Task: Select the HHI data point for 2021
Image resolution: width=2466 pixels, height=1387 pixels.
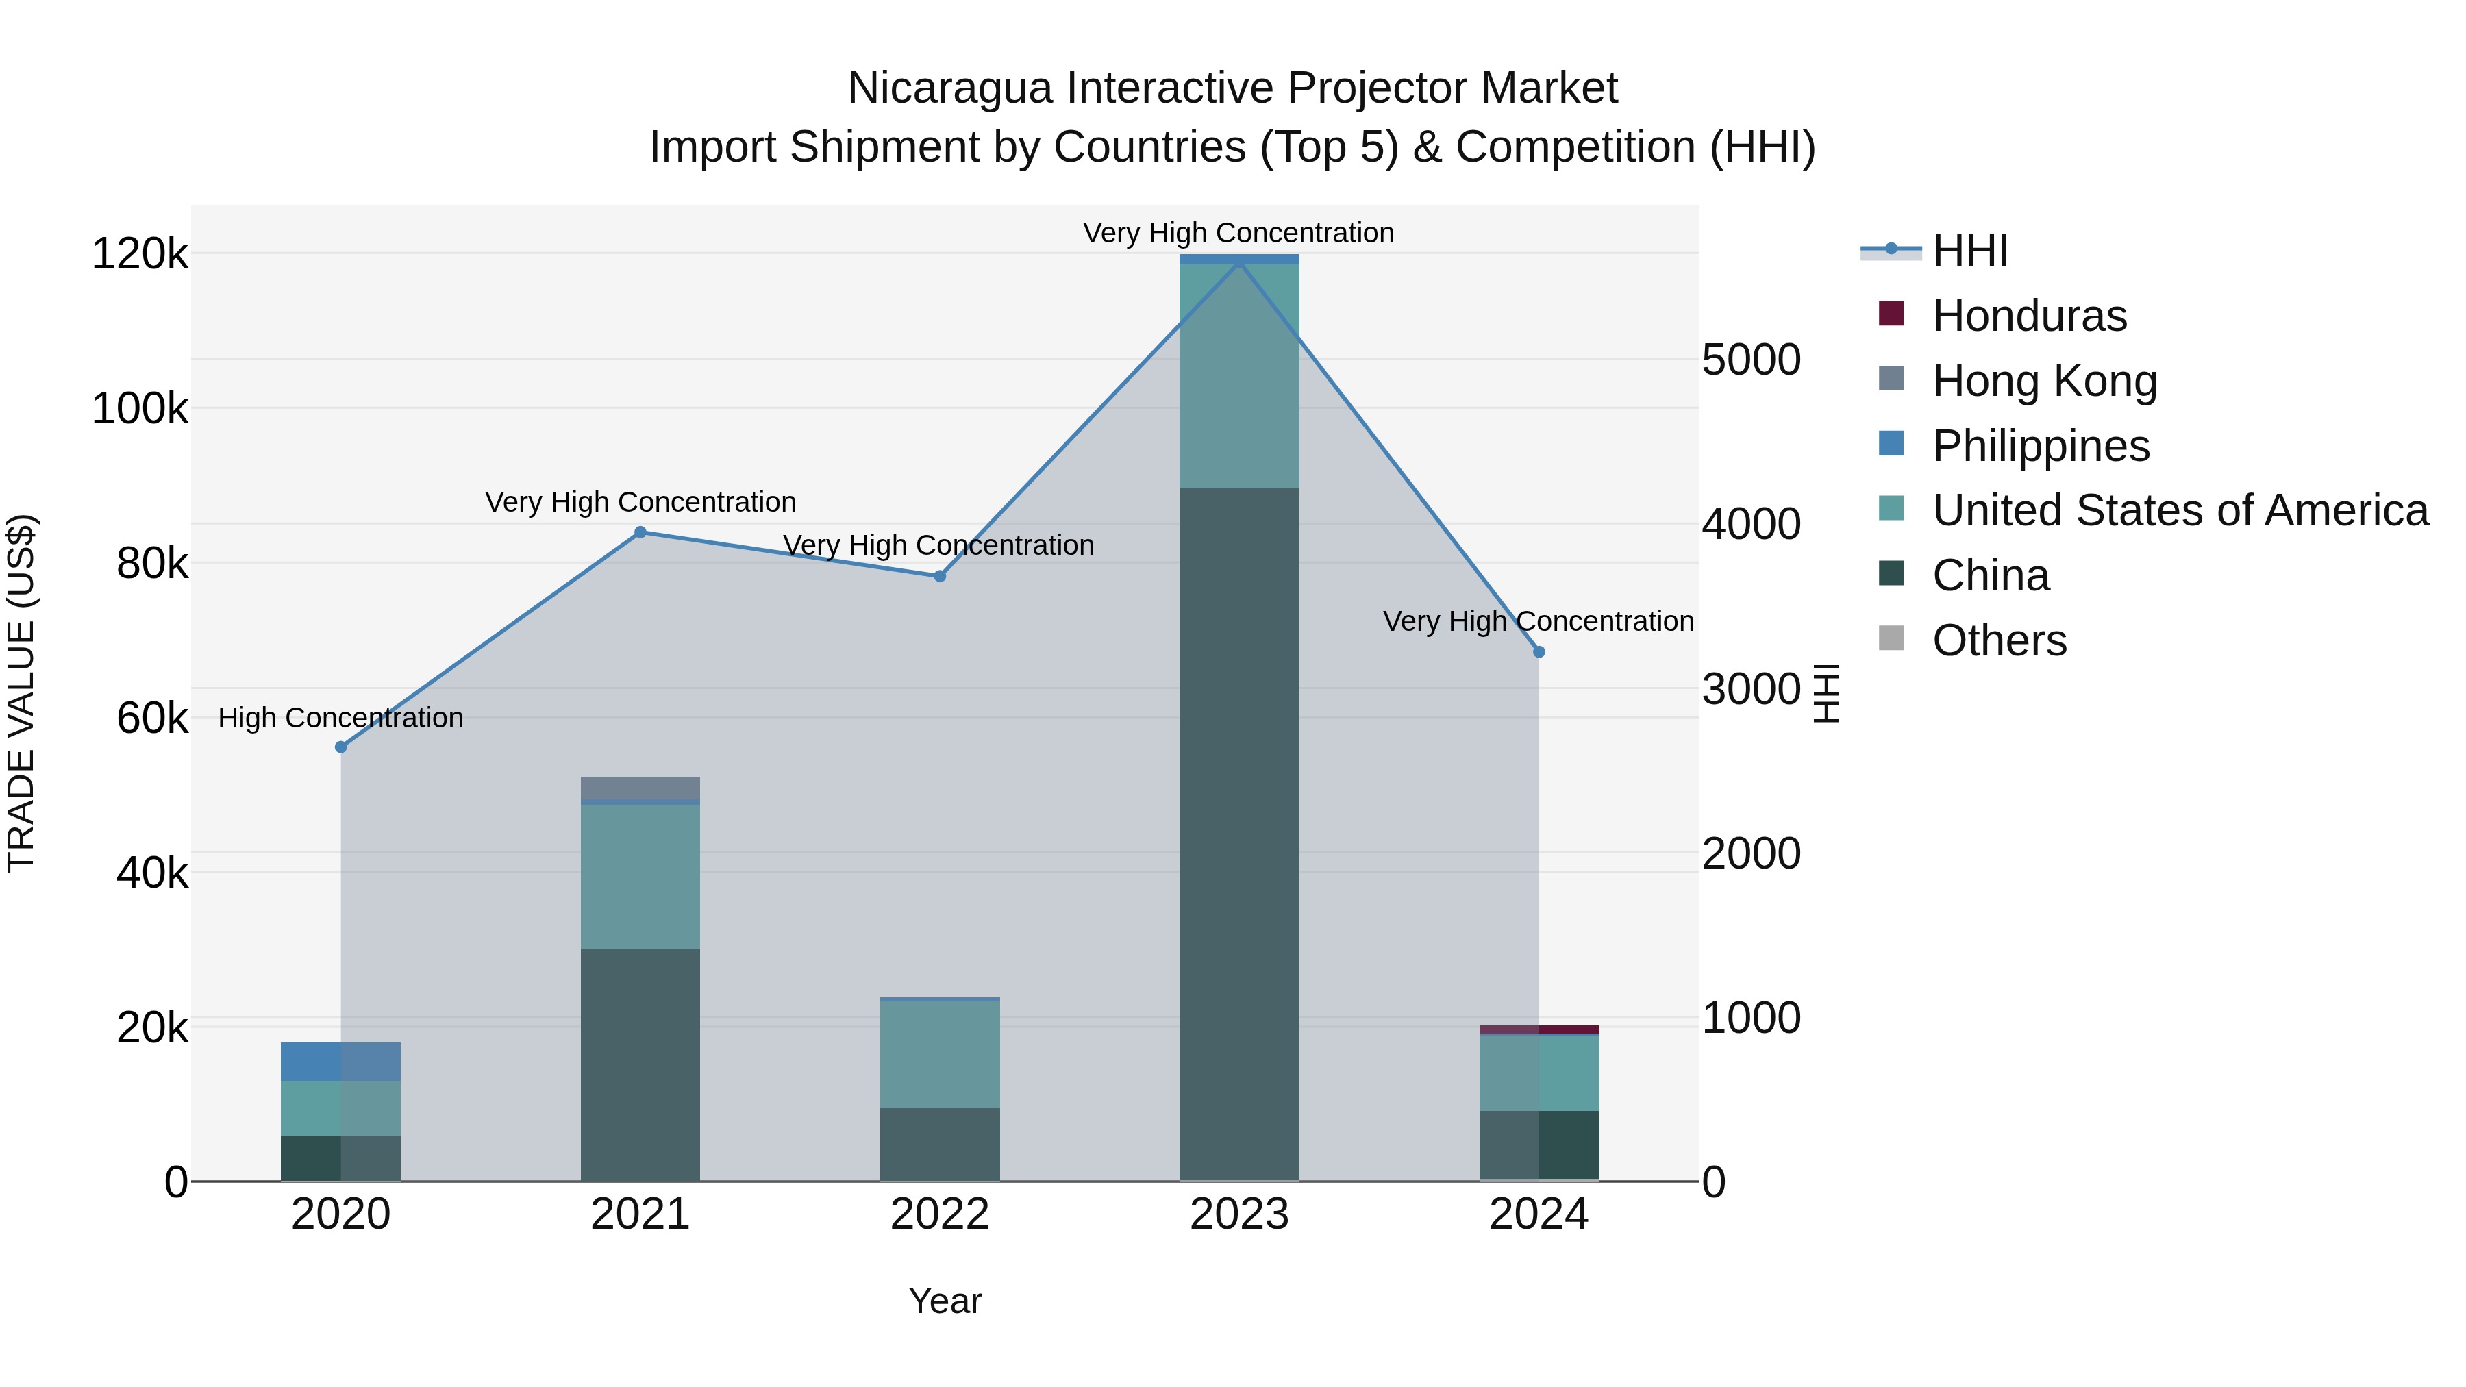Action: pos(640,532)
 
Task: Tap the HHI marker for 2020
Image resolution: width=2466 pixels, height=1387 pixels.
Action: pos(341,747)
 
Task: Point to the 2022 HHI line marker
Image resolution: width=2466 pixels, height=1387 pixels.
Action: pos(939,576)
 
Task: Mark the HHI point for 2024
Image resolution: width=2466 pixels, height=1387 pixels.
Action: pos(1539,652)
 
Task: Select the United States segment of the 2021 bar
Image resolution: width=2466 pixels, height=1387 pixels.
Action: pos(640,876)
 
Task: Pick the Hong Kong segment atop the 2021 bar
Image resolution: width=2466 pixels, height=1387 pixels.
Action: pos(640,788)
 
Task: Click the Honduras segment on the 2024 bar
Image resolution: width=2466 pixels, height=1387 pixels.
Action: pos(1539,1030)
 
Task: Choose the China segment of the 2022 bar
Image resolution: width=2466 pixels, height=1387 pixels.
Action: pos(939,1144)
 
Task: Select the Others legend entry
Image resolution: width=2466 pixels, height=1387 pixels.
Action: pos(1999,640)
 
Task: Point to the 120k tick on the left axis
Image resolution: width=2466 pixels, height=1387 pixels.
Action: pos(140,255)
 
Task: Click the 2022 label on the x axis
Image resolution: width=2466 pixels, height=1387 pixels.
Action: pos(939,1214)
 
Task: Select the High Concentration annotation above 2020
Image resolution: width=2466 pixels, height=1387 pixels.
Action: pos(341,718)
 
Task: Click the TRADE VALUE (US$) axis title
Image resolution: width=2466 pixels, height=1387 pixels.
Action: pos(21,693)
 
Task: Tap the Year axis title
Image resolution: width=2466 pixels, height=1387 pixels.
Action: pos(945,1301)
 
